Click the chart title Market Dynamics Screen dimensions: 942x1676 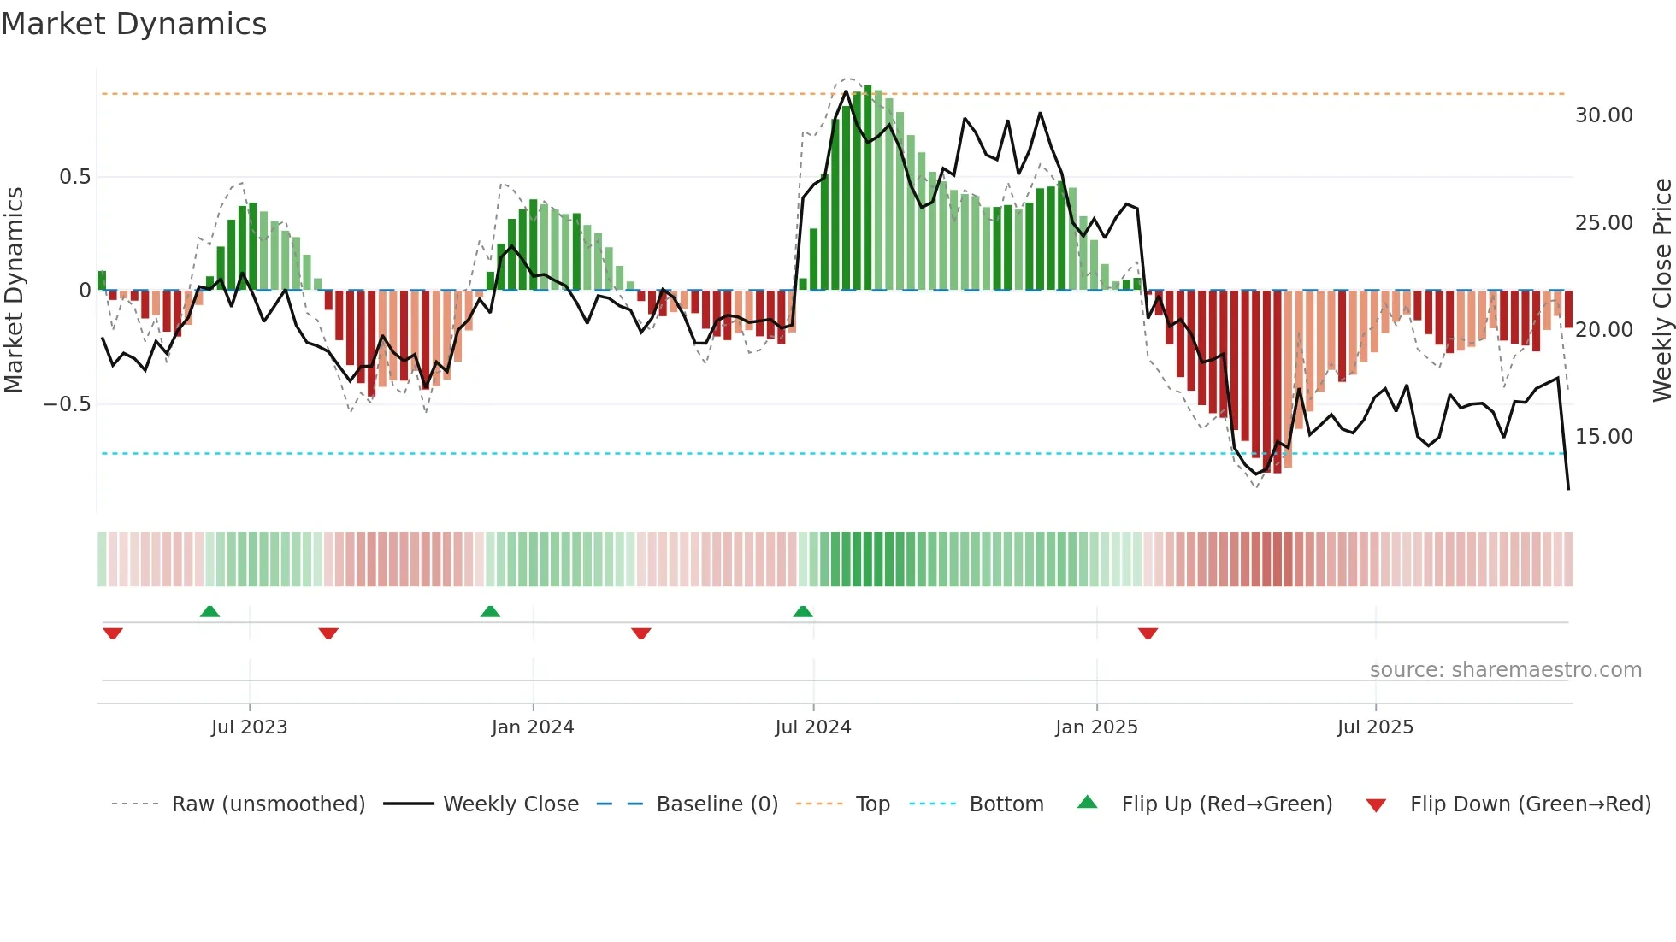tap(133, 24)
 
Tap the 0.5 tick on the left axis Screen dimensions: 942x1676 tap(74, 177)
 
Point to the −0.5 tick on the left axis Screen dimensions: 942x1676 tap(67, 403)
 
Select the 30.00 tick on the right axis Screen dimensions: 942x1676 tap(1603, 115)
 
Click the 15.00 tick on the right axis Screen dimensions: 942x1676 tap(1603, 437)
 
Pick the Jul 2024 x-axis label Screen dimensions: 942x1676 tap(812, 727)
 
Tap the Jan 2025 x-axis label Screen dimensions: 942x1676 tap(1096, 727)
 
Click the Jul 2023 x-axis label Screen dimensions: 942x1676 tap(249, 727)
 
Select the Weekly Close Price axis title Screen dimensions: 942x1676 tap(1661, 291)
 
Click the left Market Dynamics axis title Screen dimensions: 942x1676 tap(15, 291)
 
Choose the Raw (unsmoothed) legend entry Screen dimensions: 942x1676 tap(239, 804)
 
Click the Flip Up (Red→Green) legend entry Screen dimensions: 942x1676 tap(1205, 804)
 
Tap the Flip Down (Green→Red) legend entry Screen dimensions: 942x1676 tap(1508, 804)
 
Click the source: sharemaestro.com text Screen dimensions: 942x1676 tap(1505, 670)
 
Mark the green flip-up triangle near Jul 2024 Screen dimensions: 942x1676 tap(802, 612)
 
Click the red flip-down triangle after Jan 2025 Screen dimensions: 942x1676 tap(1148, 633)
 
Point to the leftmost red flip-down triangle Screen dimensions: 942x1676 tap(112, 633)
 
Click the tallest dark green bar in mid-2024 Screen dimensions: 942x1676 tap(867, 188)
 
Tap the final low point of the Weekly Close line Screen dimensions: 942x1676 tap(1568, 489)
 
